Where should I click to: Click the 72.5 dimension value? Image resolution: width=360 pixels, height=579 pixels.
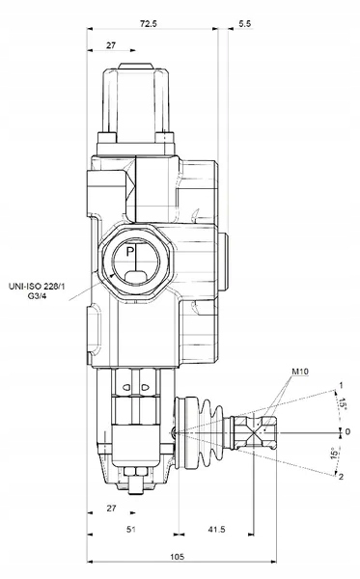149,23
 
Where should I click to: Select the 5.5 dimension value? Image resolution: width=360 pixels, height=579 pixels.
244,23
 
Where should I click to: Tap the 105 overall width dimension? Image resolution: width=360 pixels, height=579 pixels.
178,556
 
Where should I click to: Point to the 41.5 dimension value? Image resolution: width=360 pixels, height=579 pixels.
216,529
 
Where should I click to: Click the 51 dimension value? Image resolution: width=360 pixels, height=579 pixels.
131,529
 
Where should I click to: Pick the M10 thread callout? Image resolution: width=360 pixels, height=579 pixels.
300,372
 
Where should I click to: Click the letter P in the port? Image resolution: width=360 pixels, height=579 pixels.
129,252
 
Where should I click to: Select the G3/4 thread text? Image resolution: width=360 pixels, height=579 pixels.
38,295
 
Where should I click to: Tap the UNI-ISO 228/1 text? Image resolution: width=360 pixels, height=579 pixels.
37,287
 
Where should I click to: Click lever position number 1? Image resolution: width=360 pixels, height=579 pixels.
341,385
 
